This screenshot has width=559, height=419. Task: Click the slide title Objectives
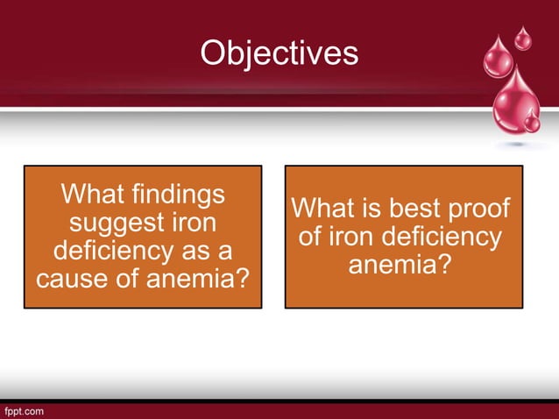tap(279, 53)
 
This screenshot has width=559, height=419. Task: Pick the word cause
tap(68, 280)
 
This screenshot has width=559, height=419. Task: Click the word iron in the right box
tap(350, 237)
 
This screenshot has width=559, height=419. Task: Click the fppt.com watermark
tap(24, 410)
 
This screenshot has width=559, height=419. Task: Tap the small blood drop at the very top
tap(522, 38)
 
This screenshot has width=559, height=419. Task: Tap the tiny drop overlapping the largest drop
tap(532, 122)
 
